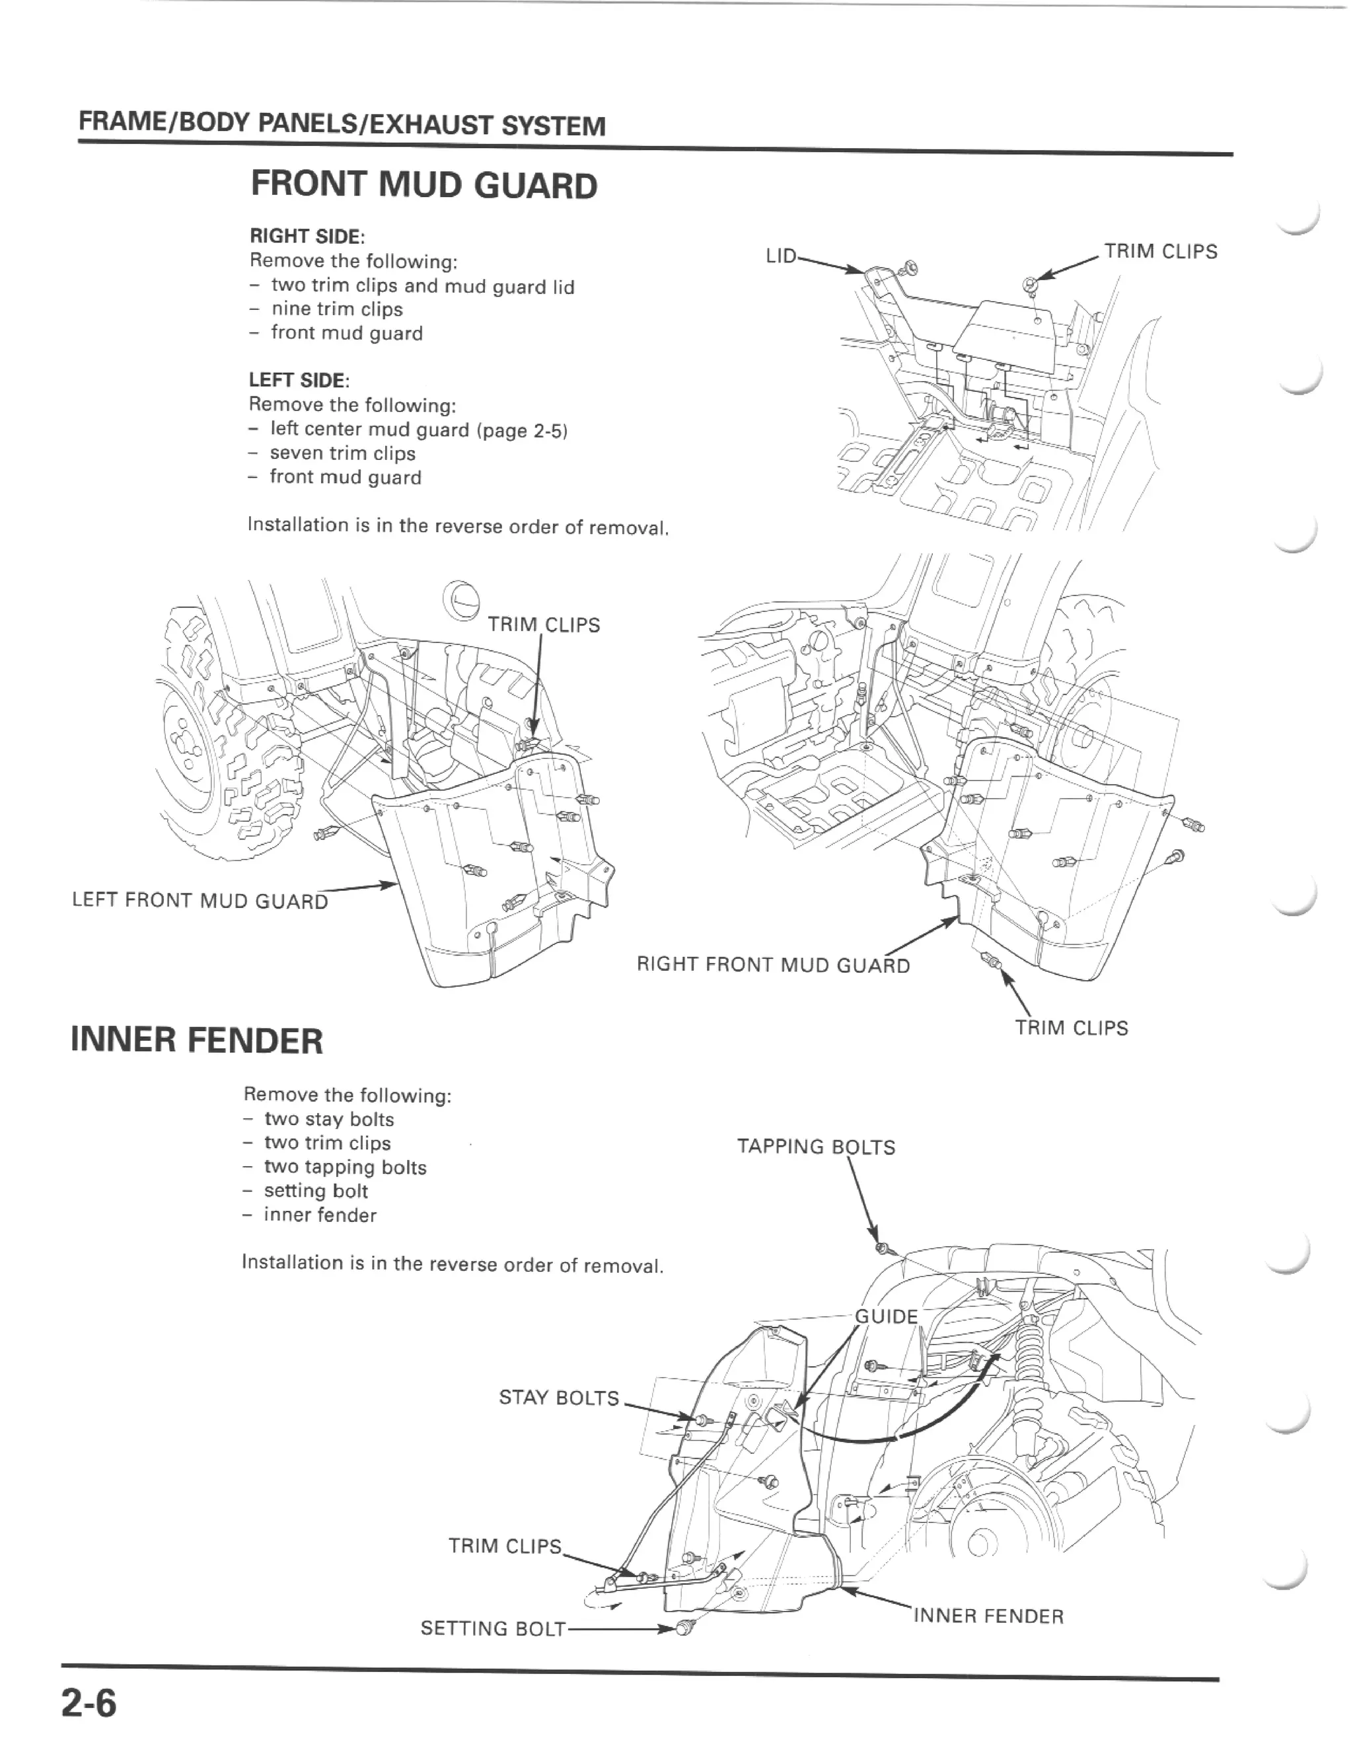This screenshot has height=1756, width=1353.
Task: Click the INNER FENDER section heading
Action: (197, 1040)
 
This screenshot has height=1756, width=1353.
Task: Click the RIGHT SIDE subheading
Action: (307, 237)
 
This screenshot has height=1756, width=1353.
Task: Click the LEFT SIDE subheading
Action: (298, 380)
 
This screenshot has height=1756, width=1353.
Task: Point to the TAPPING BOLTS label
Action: (815, 1147)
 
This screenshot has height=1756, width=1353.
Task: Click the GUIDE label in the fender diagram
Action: (885, 1317)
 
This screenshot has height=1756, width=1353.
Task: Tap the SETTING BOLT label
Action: (493, 1629)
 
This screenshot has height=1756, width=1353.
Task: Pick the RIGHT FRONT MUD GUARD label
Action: (772, 965)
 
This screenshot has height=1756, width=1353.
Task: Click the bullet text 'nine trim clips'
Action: (336, 309)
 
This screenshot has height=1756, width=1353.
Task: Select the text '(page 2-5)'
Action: (522, 431)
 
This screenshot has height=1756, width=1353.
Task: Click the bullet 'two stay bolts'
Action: (329, 1119)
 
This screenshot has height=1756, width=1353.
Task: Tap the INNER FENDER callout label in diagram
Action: (988, 1616)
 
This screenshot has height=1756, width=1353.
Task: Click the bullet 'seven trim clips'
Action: (342, 453)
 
